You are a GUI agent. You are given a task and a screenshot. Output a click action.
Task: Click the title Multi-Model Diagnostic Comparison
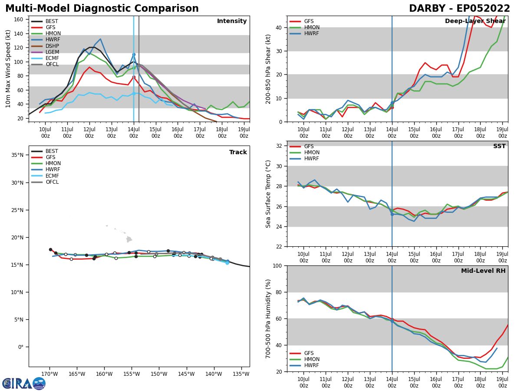point(102,9)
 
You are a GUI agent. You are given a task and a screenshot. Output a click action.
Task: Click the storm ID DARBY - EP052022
point(459,9)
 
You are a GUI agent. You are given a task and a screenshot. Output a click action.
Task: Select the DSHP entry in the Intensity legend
point(52,46)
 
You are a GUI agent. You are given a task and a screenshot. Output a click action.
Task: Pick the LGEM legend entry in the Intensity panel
point(52,52)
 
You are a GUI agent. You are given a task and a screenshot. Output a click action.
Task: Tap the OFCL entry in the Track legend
point(52,182)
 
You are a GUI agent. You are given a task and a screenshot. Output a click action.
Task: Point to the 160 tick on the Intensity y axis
point(20,20)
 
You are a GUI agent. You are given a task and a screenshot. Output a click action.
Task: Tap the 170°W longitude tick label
point(49,374)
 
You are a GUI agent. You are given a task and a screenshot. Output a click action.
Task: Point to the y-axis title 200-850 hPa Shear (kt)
point(269,69)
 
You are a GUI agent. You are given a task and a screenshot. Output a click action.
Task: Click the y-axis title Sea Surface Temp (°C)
point(269,194)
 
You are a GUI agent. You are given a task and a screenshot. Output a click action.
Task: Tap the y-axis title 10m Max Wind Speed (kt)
point(8,69)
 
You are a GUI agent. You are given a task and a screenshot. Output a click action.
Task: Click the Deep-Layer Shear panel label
point(475,21)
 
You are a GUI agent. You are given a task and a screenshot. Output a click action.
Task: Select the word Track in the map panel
point(238,152)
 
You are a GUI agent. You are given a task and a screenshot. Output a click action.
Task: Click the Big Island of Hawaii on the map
point(129,239)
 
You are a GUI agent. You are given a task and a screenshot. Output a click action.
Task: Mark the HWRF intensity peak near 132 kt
point(100,39)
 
